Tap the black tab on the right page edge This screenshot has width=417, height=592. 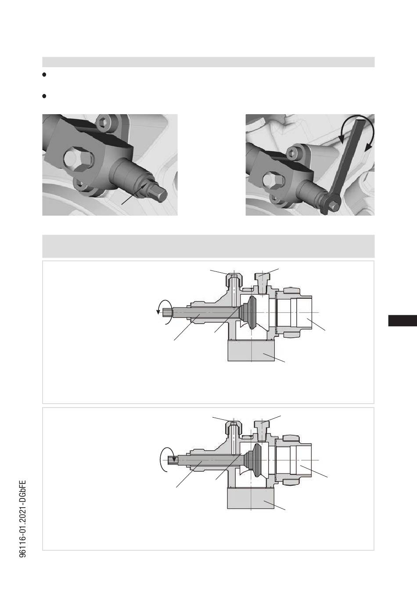[403, 321]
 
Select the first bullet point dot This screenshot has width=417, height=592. [44, 75]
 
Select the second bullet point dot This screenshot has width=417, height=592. [44, 96]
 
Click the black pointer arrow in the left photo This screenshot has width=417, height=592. [134, 194]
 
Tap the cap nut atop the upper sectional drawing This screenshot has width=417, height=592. [233, 280]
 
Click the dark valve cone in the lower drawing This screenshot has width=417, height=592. [253, 460]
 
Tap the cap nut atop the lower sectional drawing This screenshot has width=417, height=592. [233, 428]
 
